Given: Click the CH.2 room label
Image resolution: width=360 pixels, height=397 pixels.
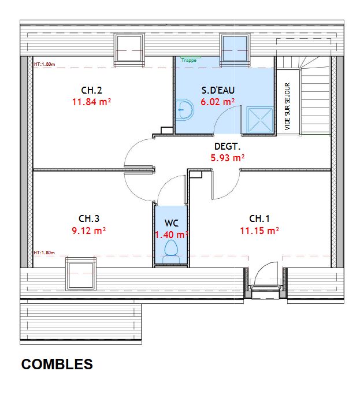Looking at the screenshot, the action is (91, 90).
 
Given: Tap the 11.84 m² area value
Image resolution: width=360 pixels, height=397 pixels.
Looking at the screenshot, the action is (91, 102).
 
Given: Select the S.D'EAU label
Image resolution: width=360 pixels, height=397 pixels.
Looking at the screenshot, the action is (218, 90).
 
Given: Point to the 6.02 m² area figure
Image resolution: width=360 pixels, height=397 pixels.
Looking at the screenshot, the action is (218, 102).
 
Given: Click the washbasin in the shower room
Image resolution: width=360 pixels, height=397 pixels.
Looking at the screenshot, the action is (184, 110).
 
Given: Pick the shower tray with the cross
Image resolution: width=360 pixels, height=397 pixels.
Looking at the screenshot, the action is (260, 120).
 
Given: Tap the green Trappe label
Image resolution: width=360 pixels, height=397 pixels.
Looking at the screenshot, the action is (189, 60).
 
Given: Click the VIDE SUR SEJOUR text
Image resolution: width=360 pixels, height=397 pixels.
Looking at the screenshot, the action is (287, 106).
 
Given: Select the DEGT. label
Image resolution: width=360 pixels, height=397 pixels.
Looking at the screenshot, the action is (227, 146).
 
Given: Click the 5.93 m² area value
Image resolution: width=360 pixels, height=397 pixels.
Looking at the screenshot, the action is (228, 158).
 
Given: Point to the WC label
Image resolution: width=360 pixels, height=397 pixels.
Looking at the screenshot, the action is (172, 223).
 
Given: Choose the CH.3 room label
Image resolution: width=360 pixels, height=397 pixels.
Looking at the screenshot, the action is (89, 218).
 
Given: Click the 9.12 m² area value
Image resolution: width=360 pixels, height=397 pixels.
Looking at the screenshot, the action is (88, 231).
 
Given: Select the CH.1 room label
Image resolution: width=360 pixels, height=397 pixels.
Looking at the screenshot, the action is (259, 218).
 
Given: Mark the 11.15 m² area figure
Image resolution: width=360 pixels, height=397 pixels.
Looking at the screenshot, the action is (259, 231).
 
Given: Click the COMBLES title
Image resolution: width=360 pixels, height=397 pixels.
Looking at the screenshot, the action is (57, 364).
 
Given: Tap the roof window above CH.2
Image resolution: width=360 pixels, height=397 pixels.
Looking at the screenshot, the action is (129, 50).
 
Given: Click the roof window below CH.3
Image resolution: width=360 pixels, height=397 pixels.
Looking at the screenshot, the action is (81, 274).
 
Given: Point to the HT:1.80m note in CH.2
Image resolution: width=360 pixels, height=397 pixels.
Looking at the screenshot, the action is (44, 64).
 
